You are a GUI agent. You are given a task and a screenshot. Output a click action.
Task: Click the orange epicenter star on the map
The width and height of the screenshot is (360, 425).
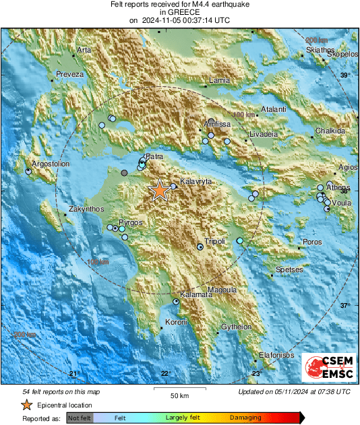click(159, 191)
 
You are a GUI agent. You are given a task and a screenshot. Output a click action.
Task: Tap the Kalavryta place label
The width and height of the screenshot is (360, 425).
click(195, 182)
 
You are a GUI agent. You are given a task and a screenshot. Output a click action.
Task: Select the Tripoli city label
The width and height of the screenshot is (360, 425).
click(214, 241)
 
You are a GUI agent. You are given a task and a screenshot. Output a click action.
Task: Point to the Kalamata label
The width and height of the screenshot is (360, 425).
click(194, 295)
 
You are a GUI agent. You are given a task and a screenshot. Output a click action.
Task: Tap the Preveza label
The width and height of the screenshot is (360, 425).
click(69, 73)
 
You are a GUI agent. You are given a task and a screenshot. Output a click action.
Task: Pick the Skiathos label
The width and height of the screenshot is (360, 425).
click(320, 50)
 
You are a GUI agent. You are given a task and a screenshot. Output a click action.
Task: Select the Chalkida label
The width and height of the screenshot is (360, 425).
click(330, 130)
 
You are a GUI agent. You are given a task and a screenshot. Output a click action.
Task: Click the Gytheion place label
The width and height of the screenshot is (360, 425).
click(237, 327)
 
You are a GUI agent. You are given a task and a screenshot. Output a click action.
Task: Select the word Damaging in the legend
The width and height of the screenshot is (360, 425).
click(245, 418)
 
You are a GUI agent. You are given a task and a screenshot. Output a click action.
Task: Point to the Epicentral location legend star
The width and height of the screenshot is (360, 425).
click(26, 405)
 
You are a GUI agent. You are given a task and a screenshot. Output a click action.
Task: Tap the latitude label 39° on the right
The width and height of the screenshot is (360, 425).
click(344, 75)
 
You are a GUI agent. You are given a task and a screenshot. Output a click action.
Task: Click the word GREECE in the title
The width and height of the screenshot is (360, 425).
click(179, 12)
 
